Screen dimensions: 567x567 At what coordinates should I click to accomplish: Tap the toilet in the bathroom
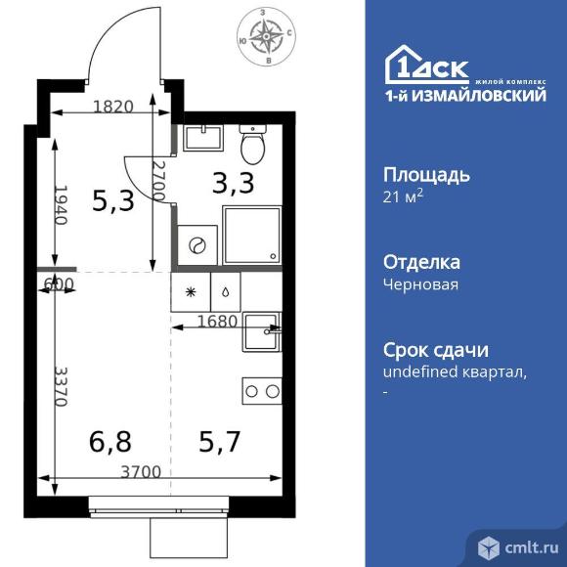253,147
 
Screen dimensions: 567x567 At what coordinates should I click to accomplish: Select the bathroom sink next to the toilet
201,137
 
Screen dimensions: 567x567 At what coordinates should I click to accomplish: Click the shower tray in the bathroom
252,236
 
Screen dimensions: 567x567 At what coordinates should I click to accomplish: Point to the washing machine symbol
196,244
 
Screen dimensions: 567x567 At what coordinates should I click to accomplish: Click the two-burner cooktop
262,391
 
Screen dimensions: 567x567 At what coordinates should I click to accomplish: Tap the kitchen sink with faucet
262,333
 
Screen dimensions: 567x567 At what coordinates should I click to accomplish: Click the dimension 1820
113,108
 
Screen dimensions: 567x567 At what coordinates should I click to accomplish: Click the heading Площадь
427,176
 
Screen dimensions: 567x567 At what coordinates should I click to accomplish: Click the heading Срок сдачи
434,351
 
